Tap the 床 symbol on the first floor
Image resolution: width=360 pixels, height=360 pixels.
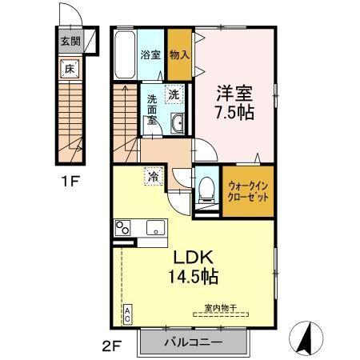coord(70,70)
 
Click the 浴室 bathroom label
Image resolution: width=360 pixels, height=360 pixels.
coord(150,55)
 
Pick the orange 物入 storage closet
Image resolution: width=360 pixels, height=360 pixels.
coord(179,54)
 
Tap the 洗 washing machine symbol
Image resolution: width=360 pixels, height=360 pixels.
coord(174,94)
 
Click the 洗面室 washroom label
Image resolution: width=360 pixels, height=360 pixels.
coord(150,110)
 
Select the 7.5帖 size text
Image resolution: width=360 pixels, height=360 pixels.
coord(234,112)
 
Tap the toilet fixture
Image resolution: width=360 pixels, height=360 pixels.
coord(206,189)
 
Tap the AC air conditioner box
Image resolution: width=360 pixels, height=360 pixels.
coord(126,314)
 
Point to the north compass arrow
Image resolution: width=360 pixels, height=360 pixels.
coord(306,339)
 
